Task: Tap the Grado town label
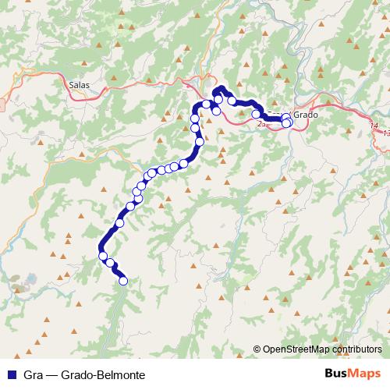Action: tap(307, 115)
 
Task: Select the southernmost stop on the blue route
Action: tap(122, 281)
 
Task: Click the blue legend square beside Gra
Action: tap(11, 374)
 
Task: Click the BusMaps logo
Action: tap(353, 373)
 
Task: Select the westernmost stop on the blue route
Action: tap(102, 255)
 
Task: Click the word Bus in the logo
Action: tap(338, 373)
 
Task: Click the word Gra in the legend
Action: tap(32, 374)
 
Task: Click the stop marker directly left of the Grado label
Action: tap(286, 117)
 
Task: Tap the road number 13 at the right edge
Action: tap(385, 133)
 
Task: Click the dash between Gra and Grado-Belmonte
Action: tap(51, 374)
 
